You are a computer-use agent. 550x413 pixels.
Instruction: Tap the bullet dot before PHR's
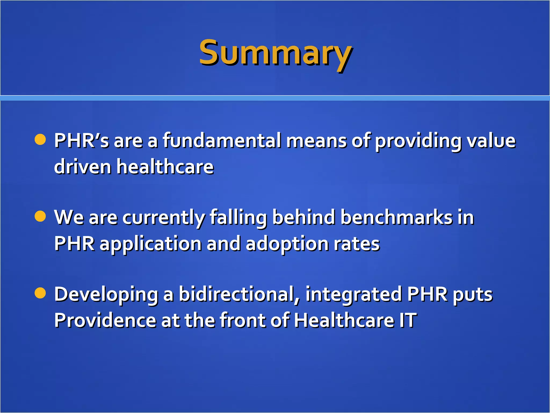pos(40,140)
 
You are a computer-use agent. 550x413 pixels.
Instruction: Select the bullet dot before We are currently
pos(40,216)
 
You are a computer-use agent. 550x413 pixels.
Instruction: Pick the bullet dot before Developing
pos(40,293)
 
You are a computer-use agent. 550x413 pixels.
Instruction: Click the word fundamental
pos(222,141)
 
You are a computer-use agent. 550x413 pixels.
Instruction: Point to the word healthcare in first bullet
pos(165,167)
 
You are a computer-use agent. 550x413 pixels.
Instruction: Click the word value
pos(491,141)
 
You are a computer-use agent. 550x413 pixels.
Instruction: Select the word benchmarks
pos(396,217)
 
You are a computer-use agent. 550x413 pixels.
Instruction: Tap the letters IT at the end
pos(408,321)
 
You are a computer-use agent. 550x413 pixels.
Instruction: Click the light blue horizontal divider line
pos(275,98)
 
